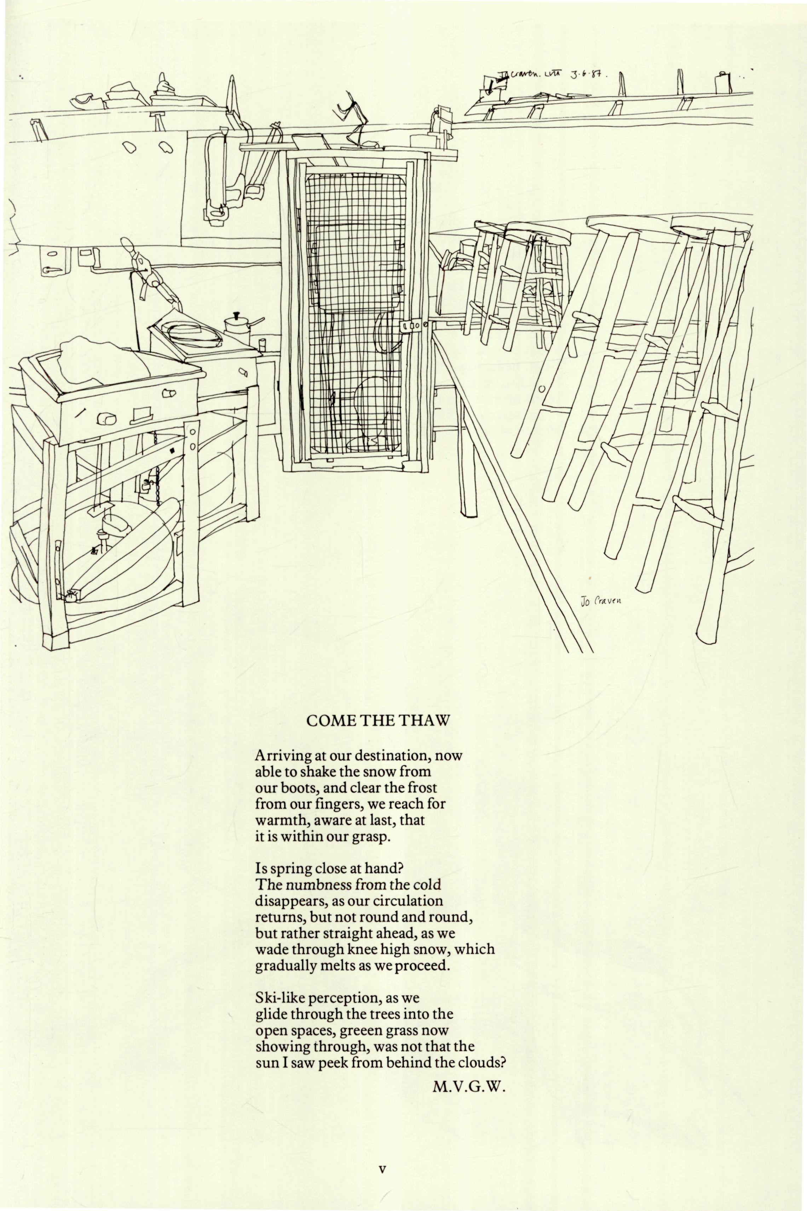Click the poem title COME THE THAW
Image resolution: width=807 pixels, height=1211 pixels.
pos(378,721)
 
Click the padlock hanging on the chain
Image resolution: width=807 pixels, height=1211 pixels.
pos(147,485)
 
